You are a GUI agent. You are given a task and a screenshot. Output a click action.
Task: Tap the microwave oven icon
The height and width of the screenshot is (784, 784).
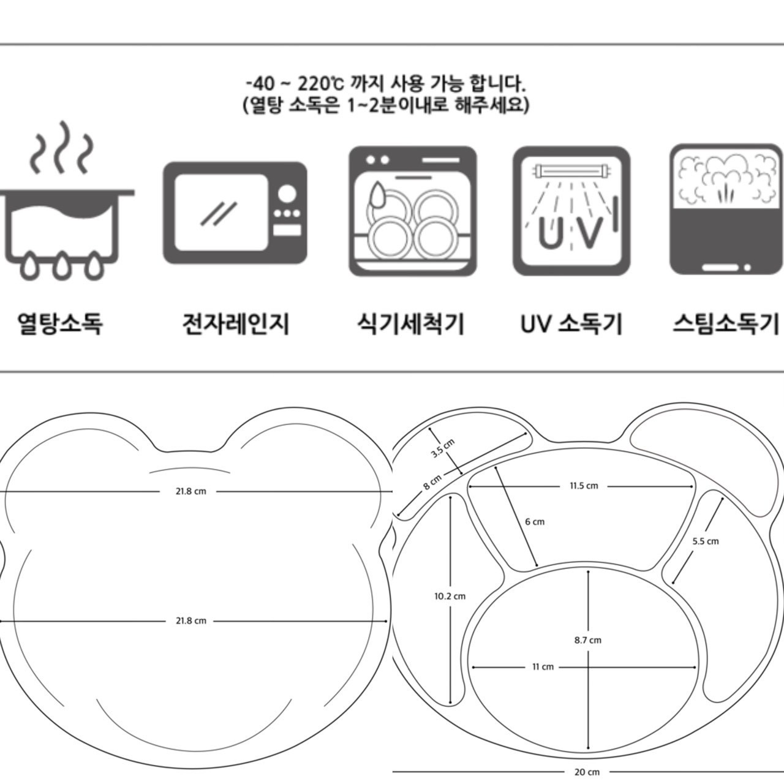click(235, 213)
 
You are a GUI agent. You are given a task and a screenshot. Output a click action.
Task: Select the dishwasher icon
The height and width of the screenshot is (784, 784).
click(412, 211)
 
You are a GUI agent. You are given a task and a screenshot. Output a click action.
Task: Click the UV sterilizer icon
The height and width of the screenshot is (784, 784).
click(571, 211)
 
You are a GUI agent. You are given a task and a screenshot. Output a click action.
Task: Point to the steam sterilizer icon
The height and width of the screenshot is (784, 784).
click(725, 209)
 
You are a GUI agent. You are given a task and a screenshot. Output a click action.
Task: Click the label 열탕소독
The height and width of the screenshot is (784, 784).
click(59, 323)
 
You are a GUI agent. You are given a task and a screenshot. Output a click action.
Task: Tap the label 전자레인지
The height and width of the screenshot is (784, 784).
click(236, 323)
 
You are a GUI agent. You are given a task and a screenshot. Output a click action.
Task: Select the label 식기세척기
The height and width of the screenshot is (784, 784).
click(410, 323)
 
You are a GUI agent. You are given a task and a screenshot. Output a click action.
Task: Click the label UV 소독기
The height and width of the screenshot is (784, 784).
click(571, 323)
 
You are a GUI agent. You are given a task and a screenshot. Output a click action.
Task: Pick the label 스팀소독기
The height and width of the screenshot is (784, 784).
click(725, 323)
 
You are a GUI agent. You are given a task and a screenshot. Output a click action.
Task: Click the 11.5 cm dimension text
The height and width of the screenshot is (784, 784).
click(583, 486)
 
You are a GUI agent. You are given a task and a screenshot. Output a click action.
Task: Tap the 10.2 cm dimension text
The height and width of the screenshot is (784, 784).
click(450, 595)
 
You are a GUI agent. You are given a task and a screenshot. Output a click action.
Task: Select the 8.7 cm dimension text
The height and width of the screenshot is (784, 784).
click(587, 640)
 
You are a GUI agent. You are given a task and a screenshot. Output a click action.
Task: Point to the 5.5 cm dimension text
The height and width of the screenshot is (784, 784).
click(706, 541)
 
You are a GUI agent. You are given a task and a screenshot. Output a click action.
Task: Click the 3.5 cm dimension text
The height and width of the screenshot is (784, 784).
click(442, 449)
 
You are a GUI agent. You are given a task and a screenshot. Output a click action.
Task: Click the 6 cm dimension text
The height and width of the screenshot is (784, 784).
click(534, 522)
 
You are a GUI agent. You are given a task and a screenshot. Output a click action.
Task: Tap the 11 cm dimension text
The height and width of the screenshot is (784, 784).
click(543, 666)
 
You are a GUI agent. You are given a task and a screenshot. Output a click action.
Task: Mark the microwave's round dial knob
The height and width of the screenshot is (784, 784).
click(287, 194)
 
